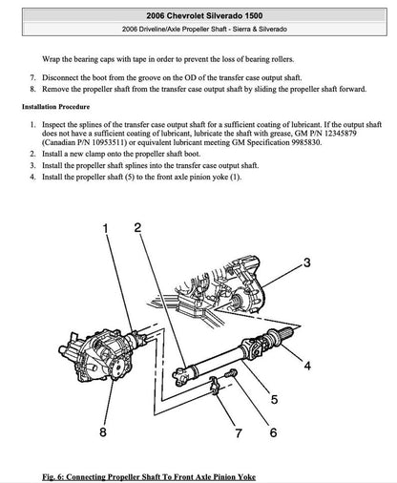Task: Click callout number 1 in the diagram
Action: (106, 227)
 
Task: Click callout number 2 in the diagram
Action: (138, 227)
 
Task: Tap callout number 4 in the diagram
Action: (306, 365)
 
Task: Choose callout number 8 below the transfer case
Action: (103, 433)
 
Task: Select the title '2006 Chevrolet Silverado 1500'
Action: (198, 16)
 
